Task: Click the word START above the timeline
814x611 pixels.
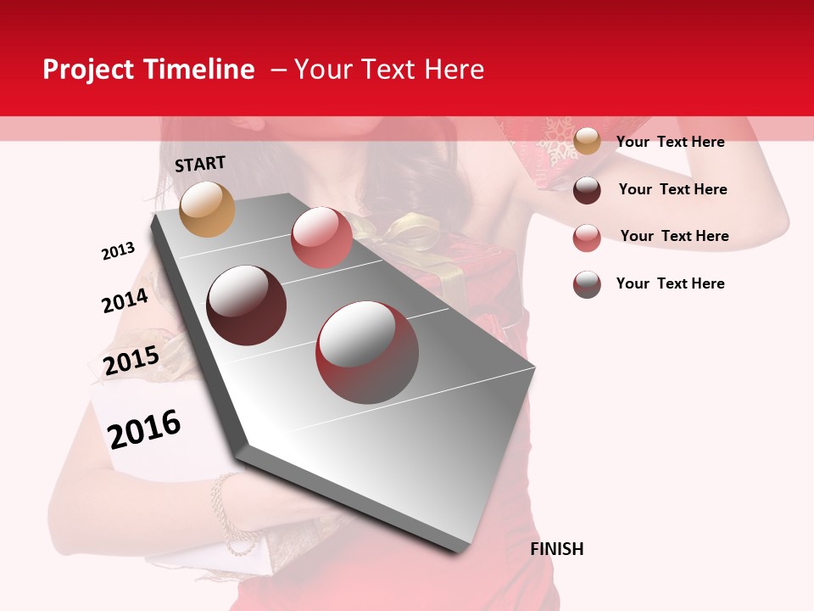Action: (200, 164)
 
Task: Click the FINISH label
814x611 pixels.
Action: (556, 549)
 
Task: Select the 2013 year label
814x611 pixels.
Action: (118, 251)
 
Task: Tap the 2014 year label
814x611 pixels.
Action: (125, 300)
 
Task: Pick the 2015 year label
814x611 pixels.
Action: (131, 361)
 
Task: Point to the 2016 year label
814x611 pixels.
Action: (144, 429)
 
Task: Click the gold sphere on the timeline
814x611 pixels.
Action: (208, 209)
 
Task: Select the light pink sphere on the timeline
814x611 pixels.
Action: (321, 237)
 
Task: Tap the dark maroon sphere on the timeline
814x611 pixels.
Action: (247, 305)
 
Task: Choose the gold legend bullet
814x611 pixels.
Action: (587, 142)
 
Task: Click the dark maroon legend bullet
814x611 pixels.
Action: (587, 190)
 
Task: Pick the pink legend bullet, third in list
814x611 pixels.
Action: (587, 238)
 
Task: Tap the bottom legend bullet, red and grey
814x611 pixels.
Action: (587, 284)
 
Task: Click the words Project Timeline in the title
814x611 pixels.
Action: (148, 70)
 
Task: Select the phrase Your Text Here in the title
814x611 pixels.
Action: (389, 70)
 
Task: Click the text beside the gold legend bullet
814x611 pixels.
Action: (670, 142)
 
